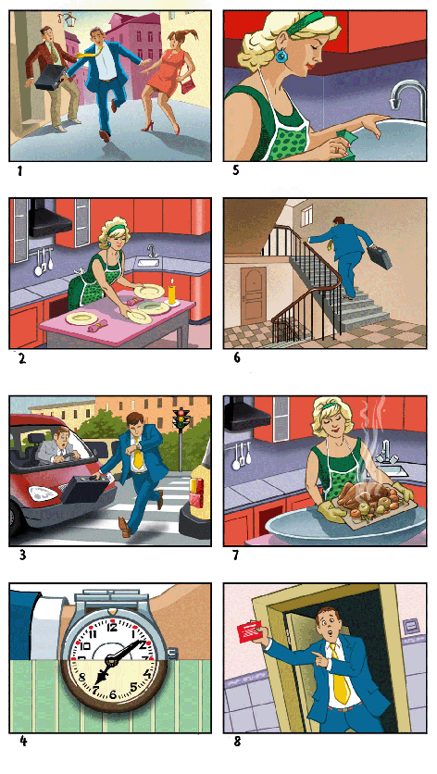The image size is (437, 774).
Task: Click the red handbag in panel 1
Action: coord(188,85)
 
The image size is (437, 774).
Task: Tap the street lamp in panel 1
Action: coord(66,19)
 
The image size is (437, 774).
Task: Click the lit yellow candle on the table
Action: coord(172,293)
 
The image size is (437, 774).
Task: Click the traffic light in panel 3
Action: coord(181,418)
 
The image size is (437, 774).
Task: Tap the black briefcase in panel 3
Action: coord(84,488)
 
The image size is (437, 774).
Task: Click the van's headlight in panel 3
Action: coord(43,493)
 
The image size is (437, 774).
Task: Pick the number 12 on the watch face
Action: coord(112,628)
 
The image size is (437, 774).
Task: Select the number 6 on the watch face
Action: coord(113,694)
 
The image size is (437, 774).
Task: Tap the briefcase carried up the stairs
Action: coord(380,257)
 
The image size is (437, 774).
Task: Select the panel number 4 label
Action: coord(23,741)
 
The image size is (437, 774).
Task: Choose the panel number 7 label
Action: coord(235,555)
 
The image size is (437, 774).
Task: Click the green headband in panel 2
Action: coord(115,229)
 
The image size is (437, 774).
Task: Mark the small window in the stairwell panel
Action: coord(307,214)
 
